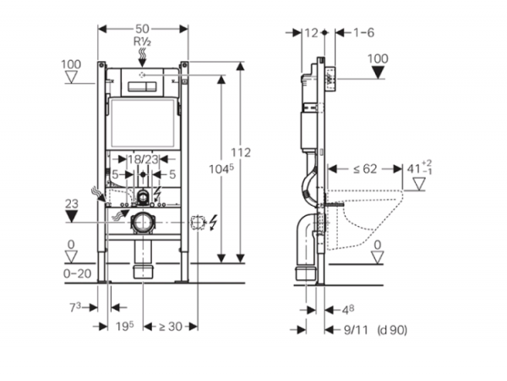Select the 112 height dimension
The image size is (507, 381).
click(244, 152)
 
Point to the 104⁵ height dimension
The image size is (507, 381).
click(222, 168)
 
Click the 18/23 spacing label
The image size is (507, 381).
click(143, 158)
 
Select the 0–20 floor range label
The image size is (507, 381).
click(77, 273)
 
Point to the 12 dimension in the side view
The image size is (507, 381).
click(313, 32)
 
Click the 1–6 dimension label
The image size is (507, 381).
click(364, 32)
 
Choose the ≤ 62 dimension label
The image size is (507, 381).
click(364, 168)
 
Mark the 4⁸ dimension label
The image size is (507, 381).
click(349, 309)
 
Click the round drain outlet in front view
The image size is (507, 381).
click(142, 224)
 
